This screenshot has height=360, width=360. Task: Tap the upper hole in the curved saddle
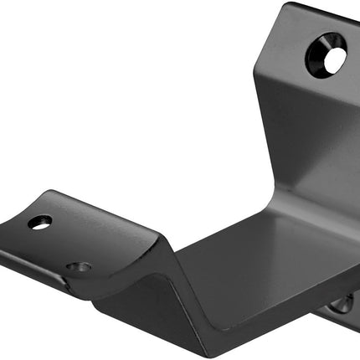coord(39,222)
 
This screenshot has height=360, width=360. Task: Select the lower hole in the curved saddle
coord(79,267)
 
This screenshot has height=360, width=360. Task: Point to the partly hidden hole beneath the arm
coord(342,303)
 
